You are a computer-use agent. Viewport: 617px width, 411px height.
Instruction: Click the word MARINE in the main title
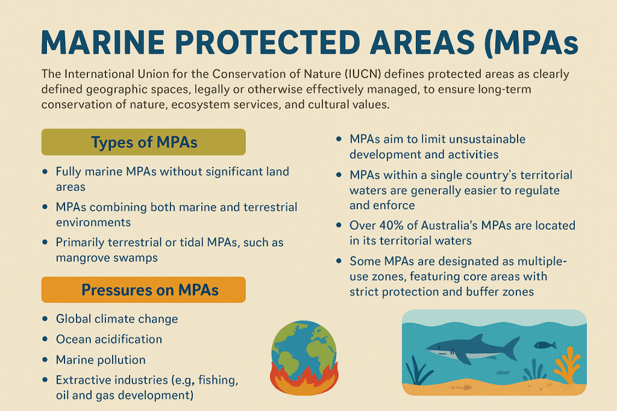[102, 42]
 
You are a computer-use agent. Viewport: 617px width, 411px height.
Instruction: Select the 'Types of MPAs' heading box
[143, 142]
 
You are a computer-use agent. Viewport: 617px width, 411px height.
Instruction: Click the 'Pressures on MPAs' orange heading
[143, 290]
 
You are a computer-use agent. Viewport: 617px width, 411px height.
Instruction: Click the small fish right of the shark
[545, 345]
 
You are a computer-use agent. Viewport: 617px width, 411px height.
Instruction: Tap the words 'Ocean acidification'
[109, 339]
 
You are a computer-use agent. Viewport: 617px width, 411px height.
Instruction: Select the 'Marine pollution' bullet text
[101, 360]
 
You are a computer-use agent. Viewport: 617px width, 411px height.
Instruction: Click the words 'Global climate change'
[117, 319]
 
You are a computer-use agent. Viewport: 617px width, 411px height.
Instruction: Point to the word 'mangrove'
[80, 259]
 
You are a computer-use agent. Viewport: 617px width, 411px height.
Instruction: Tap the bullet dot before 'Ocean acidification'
[45, 339]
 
